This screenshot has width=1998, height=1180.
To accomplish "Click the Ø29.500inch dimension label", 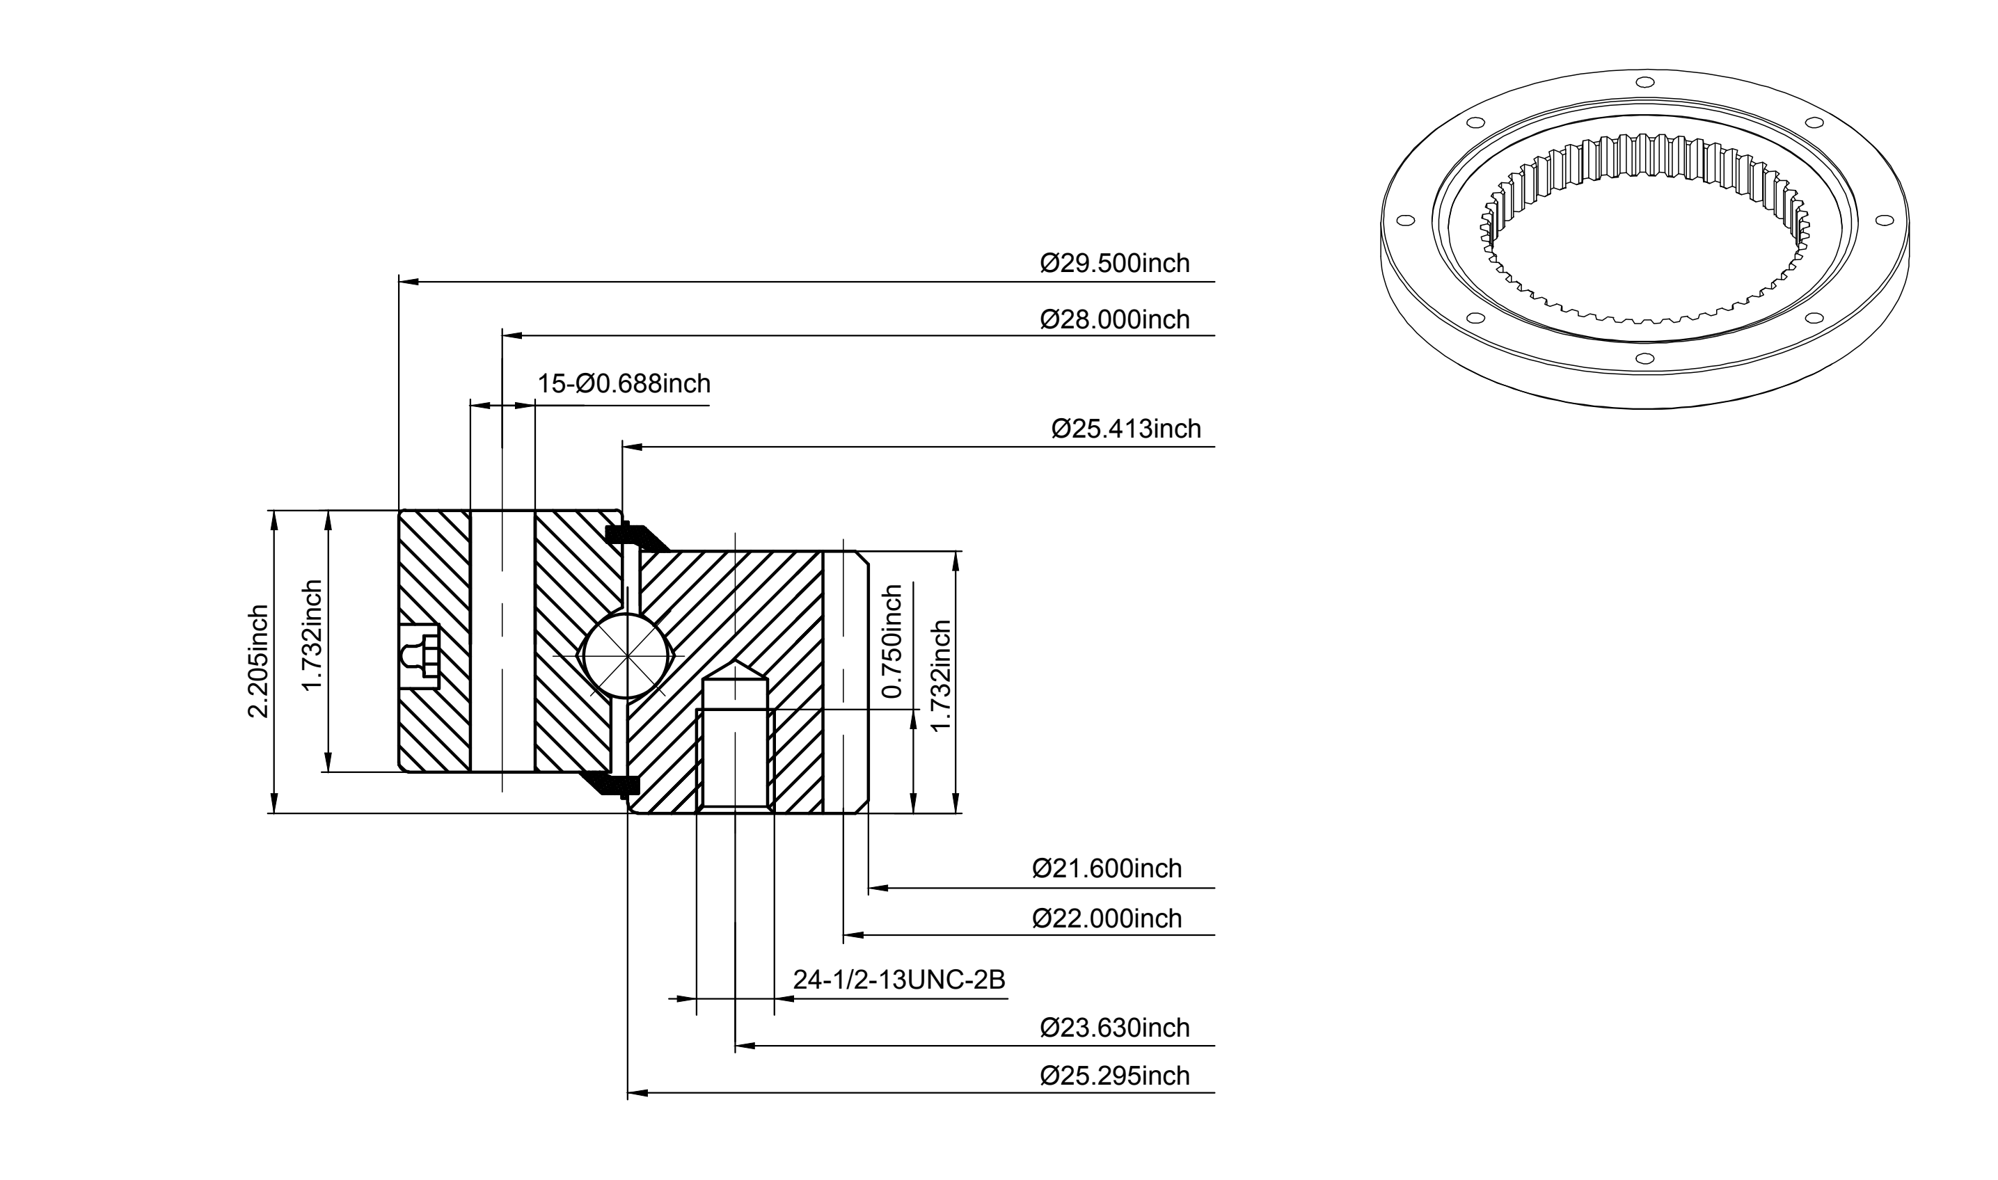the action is coord(1114,263).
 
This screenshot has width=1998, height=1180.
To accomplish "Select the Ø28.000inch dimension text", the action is coord(1114,319).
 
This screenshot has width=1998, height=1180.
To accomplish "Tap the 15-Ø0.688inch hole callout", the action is coord(624,384).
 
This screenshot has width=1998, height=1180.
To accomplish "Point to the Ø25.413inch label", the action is coord(1125,429).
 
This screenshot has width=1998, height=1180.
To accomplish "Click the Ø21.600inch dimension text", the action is coord(1107,868).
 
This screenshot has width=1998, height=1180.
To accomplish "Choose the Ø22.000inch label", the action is coord(1107,918).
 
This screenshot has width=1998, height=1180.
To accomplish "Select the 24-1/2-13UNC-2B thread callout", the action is coord(898,980).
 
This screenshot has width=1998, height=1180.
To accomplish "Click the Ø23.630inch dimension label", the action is coord(1114,1028).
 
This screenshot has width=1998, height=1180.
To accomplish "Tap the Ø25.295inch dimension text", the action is coord(1114,1076).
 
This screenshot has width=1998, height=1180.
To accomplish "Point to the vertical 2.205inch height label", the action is coord(257,662).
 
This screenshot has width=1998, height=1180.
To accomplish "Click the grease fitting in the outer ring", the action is coord(420,657).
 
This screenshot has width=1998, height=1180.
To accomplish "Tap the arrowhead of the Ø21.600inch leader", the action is coord(878,887).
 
